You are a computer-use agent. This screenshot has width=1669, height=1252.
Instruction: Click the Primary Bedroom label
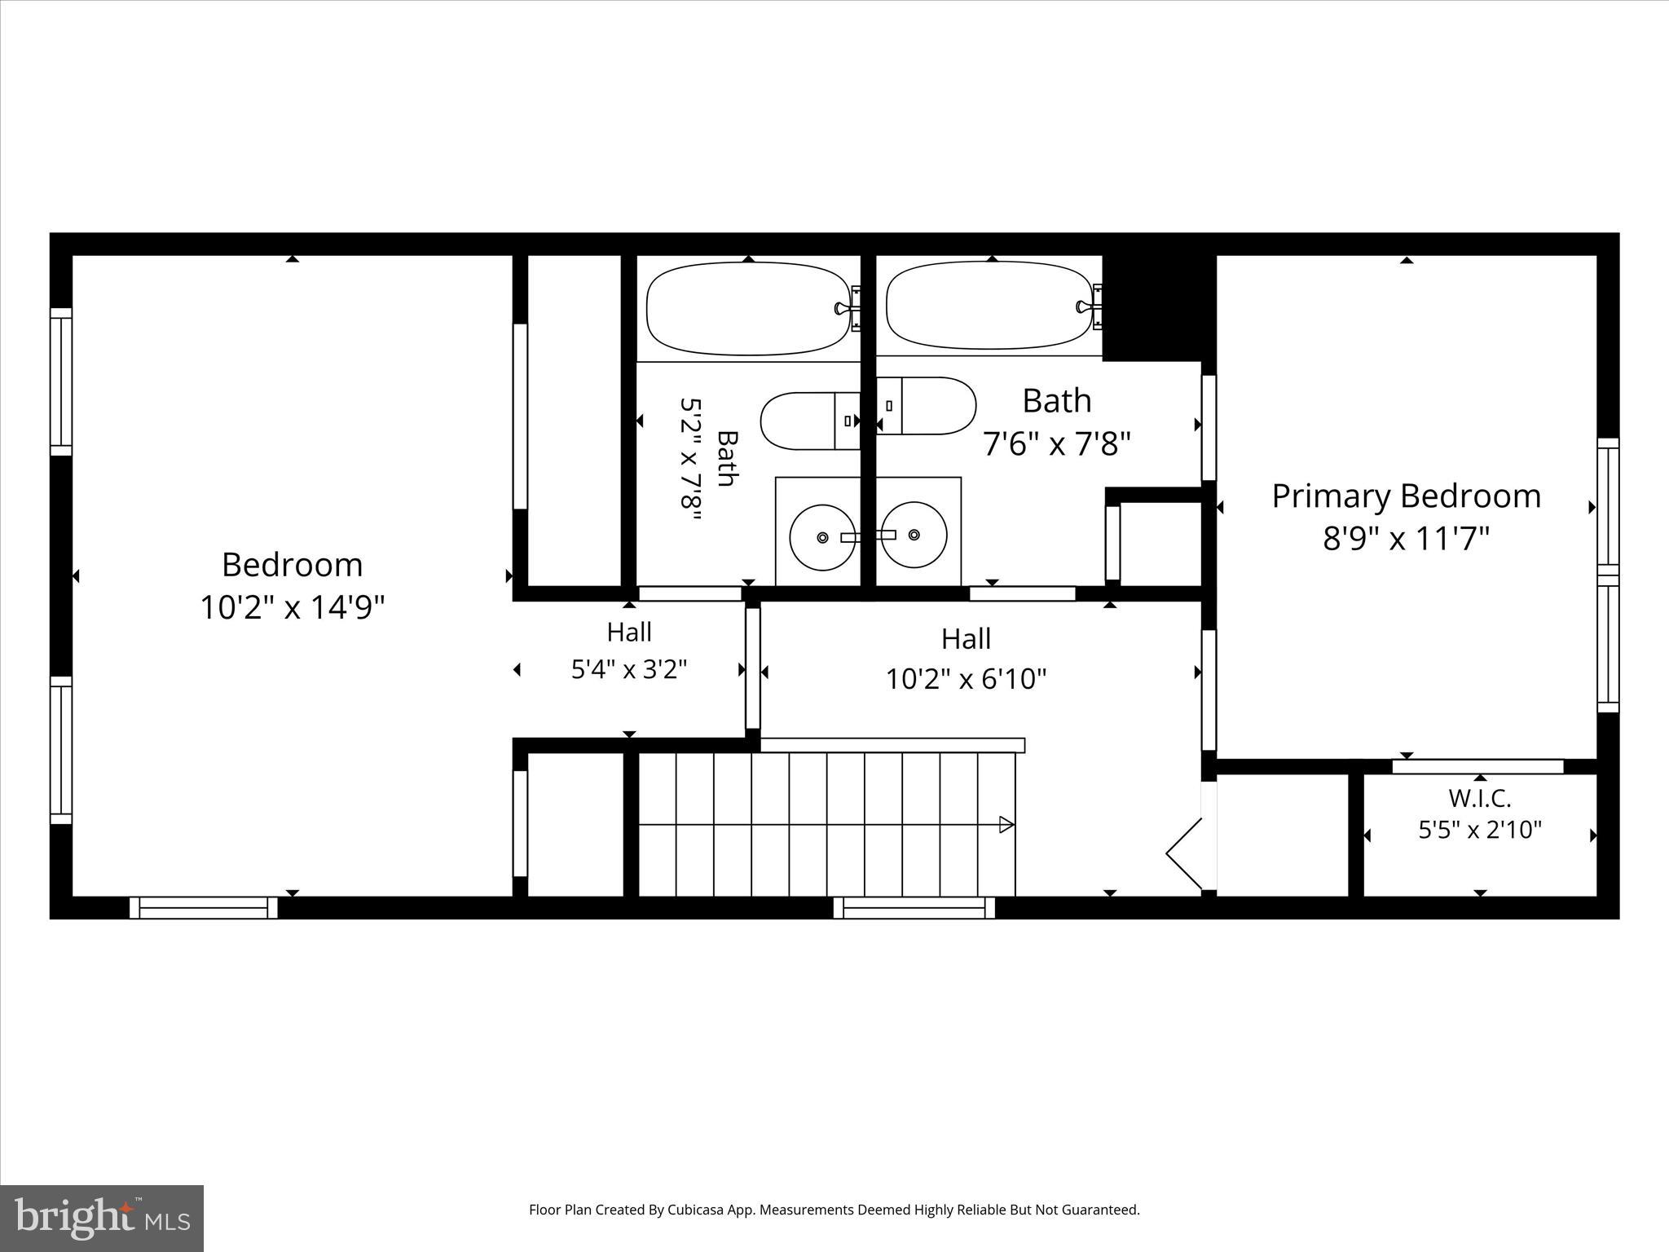(x=1407, y=496)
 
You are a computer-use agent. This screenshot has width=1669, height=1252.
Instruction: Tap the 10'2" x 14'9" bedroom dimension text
(x=293, y=607)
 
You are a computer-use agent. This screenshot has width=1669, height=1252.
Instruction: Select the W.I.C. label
(x=1480, y=798)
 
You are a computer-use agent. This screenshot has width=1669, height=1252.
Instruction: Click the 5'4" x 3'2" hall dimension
(x=629, y=669)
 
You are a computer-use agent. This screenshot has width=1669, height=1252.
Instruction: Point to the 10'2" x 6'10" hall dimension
(x=967, y=678)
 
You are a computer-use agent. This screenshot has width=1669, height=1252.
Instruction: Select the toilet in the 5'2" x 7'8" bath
(x=810, y=421)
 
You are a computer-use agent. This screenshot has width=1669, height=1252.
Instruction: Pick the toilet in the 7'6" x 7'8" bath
(x=926, y=406)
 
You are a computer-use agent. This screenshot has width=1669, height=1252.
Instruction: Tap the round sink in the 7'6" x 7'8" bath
(x=914, y=536)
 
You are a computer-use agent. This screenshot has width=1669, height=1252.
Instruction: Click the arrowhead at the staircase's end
(x=1007, y=825)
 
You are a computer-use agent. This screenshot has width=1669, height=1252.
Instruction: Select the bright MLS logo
(x=102, y=1219)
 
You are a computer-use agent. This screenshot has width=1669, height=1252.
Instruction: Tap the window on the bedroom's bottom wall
(x=204, y=907)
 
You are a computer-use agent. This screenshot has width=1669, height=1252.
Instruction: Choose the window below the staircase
(x=914, y=907)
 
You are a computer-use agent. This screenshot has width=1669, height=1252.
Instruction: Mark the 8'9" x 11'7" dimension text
(x=1406, y=539)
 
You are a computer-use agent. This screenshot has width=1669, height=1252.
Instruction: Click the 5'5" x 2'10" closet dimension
(x=1480, y=830)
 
